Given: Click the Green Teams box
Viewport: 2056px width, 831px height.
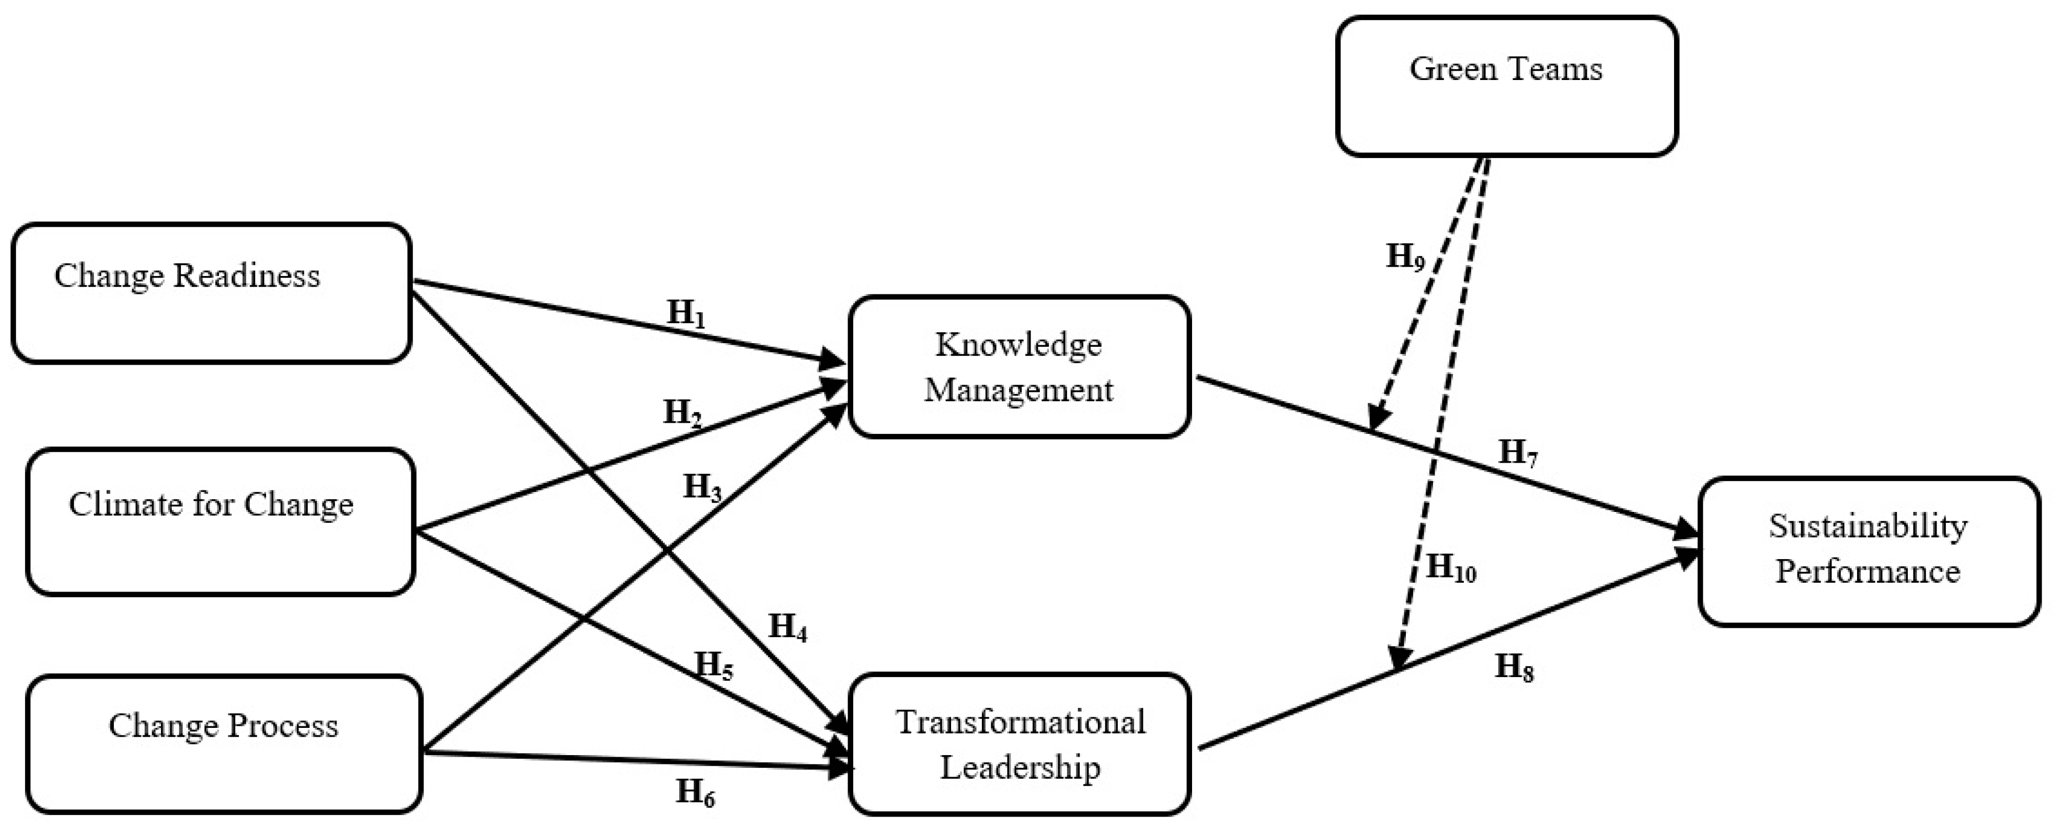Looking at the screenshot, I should pyautogui.click(x=1506, y=86).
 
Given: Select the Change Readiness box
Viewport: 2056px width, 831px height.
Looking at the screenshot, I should pyautogui.click(x=212, y=293).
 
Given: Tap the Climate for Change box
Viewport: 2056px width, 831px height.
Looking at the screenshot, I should pyautogui.click(x=220, y=521).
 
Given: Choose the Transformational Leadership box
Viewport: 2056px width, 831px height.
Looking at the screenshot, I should pyautogui.click(x=1019, y=743).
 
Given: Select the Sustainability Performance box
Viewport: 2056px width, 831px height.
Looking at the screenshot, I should pyautogui.click(x=1868, y=551).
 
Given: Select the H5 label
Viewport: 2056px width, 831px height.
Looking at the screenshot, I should pyautogui.click(x=714, y=665).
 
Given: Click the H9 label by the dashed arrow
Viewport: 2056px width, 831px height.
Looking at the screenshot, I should pyautogui.click(x=1405, y=257).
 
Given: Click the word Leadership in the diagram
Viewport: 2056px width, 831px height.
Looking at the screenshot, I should pyautogui.click(x=1020, y=767).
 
